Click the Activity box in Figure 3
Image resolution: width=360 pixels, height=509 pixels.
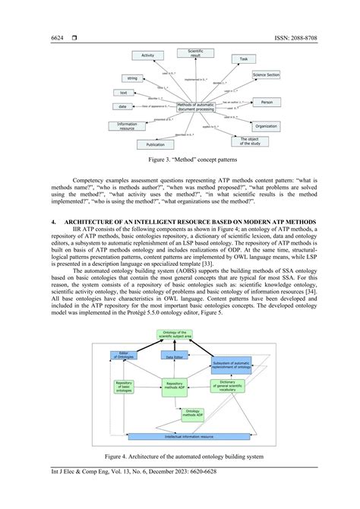[x=148, y=55]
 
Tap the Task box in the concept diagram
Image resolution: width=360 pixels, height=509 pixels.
[x=243, y=58]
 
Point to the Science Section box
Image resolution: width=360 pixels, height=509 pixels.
[x=266, y=76]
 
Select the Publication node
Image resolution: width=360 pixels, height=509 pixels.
[x=155, y=144]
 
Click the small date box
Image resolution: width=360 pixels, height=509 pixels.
[x=123, y=106]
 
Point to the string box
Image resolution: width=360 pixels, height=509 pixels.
[x=132, y=78]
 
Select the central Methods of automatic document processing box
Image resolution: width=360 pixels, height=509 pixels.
[x=196, y=108]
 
